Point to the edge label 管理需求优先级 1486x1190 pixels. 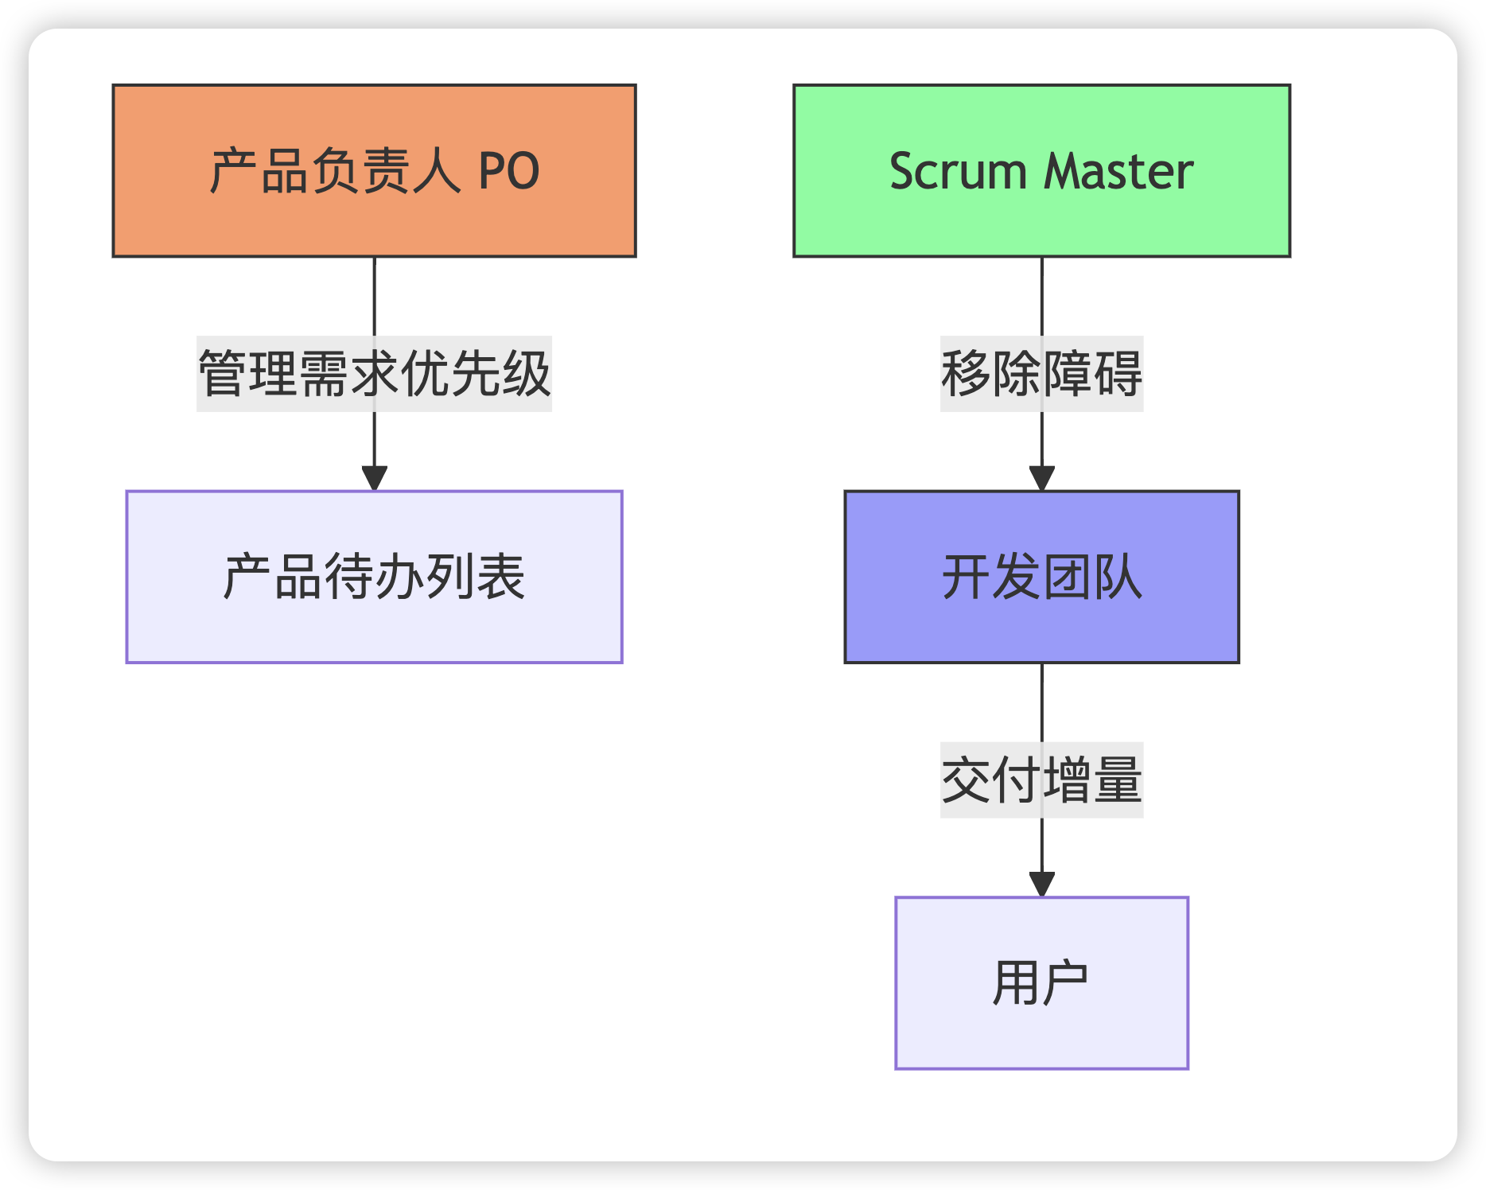(x=374, y=374)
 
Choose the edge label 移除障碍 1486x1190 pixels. (x=1041, y=374)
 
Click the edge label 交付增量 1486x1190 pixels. (x=1041, y=780)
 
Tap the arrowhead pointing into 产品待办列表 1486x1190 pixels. (x=374, y=478)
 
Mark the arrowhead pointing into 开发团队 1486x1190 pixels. (x=1041, y=478)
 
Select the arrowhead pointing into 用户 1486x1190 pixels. (x=1041, y=885)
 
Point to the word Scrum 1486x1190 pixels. (x=958, y=171)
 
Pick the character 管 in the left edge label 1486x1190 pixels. (x=223, y=374)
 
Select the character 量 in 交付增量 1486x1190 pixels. (x=1118, y=780)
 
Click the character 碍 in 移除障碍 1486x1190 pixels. (x=1118, y=374)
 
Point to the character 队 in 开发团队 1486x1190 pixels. (x=1118, y=577)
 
